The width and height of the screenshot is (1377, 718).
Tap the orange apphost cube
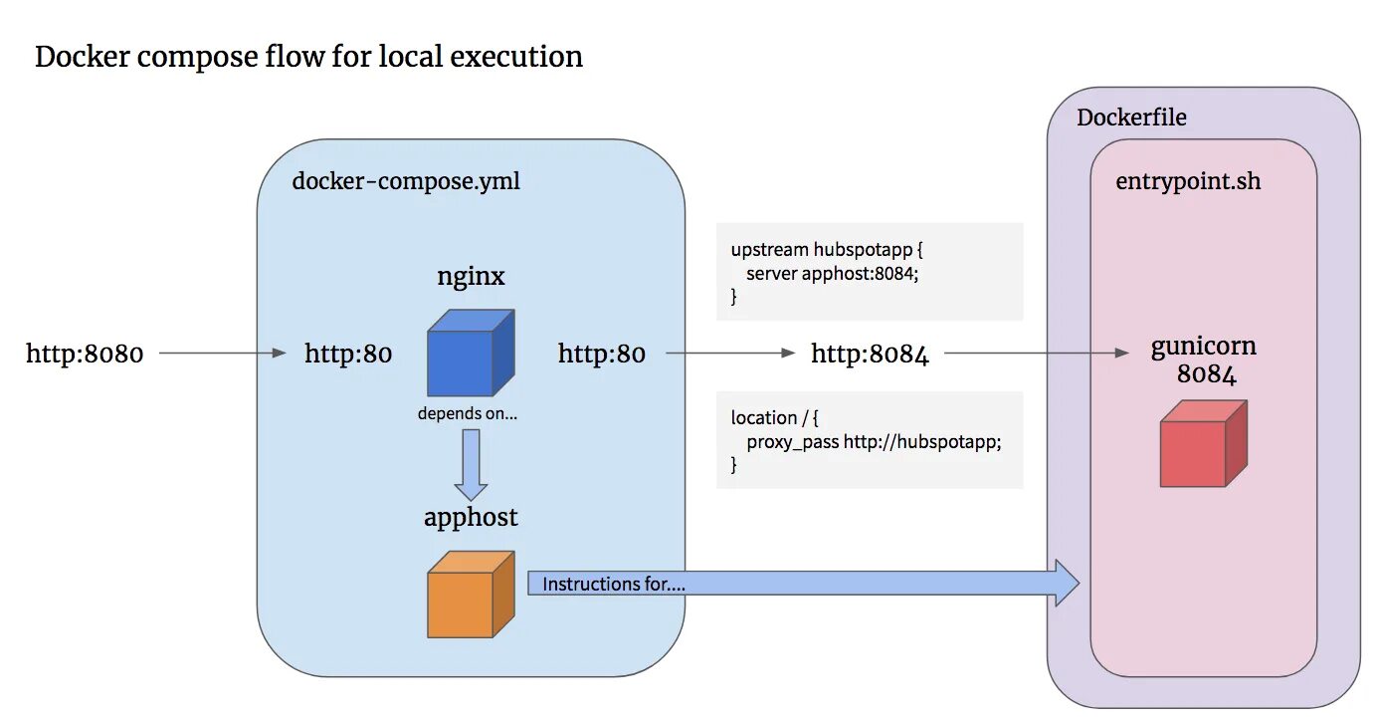[x=470, y=594]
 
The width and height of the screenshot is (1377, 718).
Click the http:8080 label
[x=85, y=354]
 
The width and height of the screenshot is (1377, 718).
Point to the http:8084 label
[x=870, y=354]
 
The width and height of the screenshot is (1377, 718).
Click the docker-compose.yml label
[x=406, y=182]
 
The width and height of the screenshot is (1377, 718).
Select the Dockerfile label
[x=1131, y=118]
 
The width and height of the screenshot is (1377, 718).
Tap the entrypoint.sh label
[x=1188, y=182]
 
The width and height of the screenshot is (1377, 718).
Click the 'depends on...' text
[x=468, y=413]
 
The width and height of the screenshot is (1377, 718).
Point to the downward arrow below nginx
[x=471, y=465]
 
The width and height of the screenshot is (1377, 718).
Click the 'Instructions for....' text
[x=613, y=585]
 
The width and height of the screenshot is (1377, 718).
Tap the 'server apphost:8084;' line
[x=832, y=273]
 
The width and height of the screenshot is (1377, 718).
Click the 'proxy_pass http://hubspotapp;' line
[x=873, y=442]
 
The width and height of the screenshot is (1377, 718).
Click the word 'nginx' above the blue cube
[x=471, y=276]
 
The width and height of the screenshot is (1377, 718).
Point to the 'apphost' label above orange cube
[x=471, y=518]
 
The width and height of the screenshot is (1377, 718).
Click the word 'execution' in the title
[x=516, y=57]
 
